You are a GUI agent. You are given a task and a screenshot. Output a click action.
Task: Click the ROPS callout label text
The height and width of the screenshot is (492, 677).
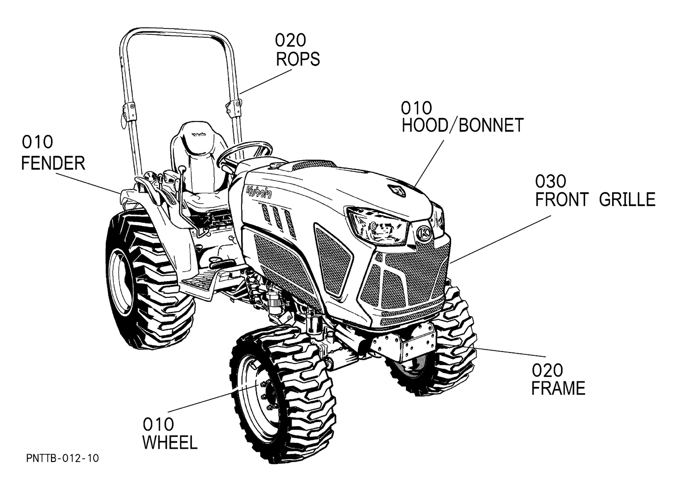pyautogui.click(x=298, y=59)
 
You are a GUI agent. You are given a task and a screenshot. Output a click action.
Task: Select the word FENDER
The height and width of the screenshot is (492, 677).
pyautogui.click(x=53, y=163)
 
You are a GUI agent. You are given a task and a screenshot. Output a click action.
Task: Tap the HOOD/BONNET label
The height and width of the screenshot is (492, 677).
pyautogui.click(x=462, y=126)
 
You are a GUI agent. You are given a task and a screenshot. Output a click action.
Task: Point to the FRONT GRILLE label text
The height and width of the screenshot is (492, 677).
pyautogui.click(x=595, y=200)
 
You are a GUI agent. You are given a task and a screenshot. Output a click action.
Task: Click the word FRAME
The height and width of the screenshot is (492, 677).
pyautogui.click(x=558, y=389)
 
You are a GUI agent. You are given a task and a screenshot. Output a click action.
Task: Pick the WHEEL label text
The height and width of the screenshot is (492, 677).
pyautogui.click(x=170, y=442)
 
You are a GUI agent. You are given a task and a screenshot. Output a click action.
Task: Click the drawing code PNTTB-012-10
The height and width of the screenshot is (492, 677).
pyautogui.click(x=62, y=459)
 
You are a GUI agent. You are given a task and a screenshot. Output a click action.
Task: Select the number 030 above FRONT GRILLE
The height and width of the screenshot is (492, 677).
pyautogui.click(x=550, y=182)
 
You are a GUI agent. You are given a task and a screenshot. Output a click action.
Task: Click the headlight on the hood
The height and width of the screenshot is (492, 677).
pyautogui.click(x=378, y=226)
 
